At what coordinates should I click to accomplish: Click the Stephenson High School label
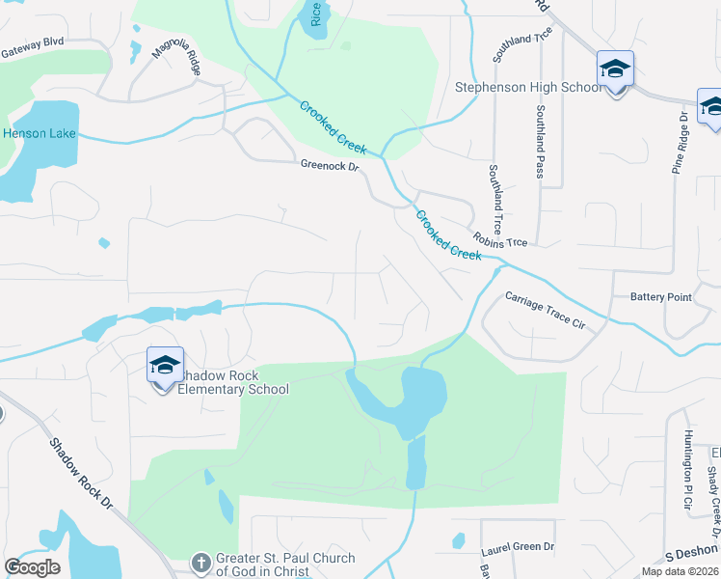coord(528,88)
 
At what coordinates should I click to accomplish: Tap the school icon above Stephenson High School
coord(615,69)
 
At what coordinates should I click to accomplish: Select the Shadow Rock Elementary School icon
coord(165,366)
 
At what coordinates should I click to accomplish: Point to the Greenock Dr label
coord(329,166)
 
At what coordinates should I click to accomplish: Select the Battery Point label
coord(660,297)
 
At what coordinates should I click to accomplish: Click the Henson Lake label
coord(39,132)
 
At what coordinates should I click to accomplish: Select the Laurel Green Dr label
coord(518,547)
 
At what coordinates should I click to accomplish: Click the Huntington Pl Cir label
coord(687,469)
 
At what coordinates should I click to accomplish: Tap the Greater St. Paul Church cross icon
coord(200,562)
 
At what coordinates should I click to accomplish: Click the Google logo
coord(32,567)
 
